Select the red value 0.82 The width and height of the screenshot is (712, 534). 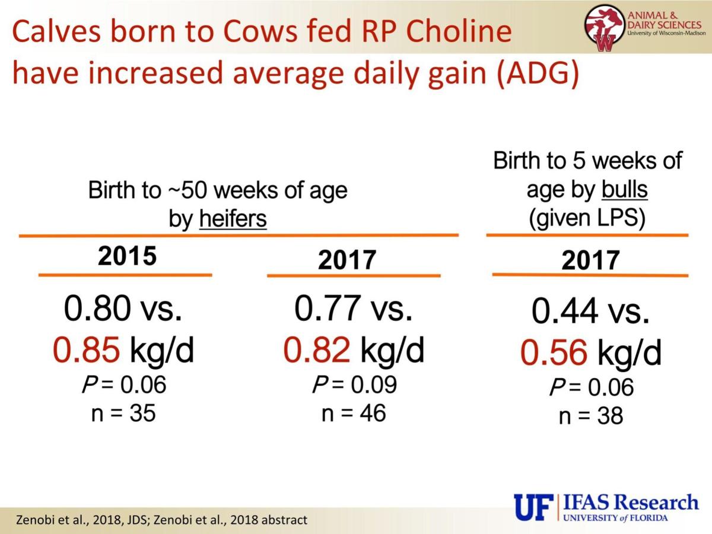click(x=317, y=350)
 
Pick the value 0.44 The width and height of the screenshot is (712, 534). click(x=565, y=312)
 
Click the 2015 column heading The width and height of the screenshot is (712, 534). click(x=127, y=256)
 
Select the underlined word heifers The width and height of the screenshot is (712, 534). click(x=233, y=220)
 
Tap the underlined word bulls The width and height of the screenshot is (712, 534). click(x=624, y=190)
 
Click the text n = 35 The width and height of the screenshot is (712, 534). click(x=123, y=413)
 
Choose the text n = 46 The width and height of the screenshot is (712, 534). click(x=354, y=412)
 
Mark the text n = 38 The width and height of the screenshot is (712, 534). click(x=591, y=416)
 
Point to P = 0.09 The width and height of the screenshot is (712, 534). click(x=354, y=384)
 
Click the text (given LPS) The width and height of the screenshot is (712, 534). click(x=587, y=218)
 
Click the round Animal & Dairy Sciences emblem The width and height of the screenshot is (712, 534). click(x=603, y=27)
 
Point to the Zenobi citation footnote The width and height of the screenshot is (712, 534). click(x=162, y=520)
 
